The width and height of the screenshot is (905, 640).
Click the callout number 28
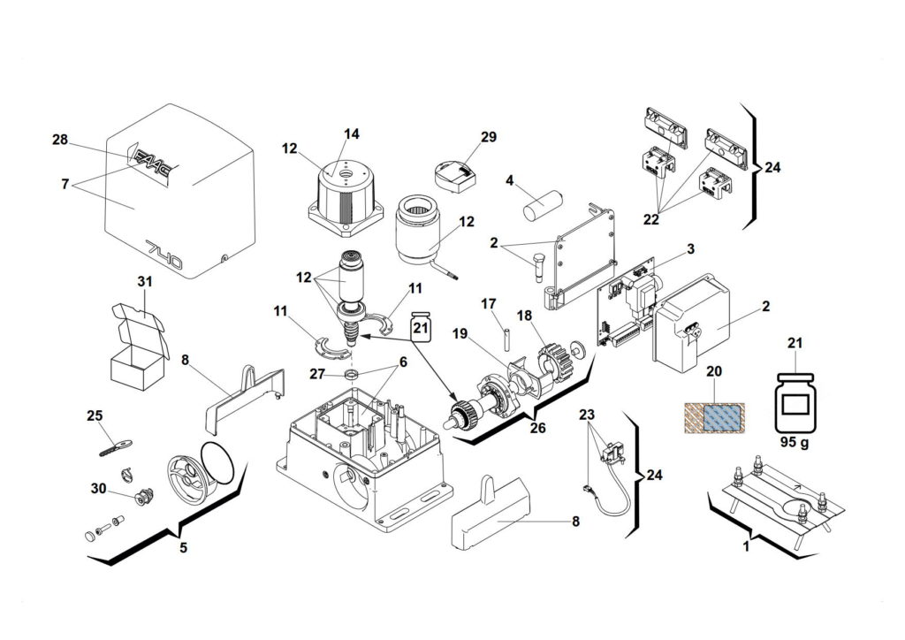(x=60, y=141)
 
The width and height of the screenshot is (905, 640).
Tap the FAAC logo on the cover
(x=155, y=162)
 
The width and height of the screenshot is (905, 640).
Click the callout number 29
(x=489, y=137)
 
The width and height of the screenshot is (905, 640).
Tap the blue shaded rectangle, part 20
(x=715, y=415)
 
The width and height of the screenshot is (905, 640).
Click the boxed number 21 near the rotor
(x=422, y=328)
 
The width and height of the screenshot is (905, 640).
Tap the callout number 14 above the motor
(x=352, y=134)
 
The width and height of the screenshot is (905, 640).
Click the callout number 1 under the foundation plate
(x=746, y=547)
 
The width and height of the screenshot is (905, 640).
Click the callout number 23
(x=588, y=415)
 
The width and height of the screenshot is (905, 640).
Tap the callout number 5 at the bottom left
(x=183, y=547)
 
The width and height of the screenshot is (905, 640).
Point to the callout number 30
(x=98, y=488)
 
